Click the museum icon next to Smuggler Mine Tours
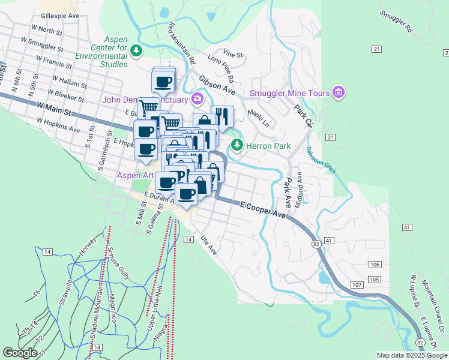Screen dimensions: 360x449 pos(339,93)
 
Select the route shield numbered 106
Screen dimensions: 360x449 pos(375,265)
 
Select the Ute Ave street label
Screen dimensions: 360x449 pos(208,244)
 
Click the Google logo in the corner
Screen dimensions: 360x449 pos(20,353)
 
